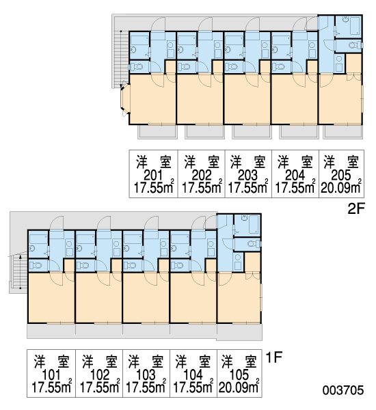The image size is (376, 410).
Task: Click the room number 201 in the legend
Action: coord(153,176)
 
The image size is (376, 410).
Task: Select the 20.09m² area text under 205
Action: coord(341,187)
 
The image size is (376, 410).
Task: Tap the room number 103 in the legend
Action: coord(146,375)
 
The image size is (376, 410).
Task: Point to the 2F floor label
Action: coord(356,208)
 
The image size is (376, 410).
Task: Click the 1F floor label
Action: coord(274,357)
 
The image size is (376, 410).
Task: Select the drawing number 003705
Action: coord(343,390)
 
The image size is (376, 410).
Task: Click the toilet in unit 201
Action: coord(136,67)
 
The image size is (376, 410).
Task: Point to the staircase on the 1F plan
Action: coord(19,272)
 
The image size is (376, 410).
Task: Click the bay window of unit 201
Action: coord(125,99)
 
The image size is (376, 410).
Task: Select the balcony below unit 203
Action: coord(252,132)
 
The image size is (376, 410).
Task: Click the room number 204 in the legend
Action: coord(295,176)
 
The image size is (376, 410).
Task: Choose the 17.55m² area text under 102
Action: coord(99,387)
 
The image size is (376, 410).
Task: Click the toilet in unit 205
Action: coord(355,45)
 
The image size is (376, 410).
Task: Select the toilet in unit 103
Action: coord(130,265)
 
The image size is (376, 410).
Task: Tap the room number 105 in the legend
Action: coord(239,375)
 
